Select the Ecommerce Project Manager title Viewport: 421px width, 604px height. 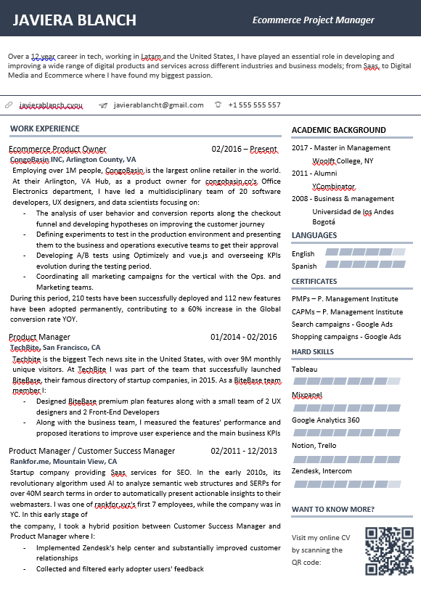tap(313, 20)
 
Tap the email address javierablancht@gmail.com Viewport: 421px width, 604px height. tap(158, 105)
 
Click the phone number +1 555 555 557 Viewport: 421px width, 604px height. tap(254, 105)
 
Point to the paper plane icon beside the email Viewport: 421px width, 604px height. tap(103, 105)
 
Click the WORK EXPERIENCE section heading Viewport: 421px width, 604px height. tap(45, 129)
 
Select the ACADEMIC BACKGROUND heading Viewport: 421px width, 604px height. tap(338, 131)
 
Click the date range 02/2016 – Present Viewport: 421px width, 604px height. tap(244, 150)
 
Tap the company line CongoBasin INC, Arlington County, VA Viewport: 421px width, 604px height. tap(73, 160)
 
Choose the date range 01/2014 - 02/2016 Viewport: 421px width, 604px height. tap(243, 337)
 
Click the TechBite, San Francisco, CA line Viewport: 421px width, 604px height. tap(55, 348)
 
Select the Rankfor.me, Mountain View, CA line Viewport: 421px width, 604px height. tap(63, 462)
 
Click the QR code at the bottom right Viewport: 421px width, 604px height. tap(388, 551)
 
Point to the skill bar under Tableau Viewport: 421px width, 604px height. tap(346, 381)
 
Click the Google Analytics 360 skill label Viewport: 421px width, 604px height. tap(325, 420)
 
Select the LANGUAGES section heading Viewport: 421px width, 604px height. tap(314, 236)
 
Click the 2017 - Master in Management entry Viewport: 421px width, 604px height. tap(340, 148)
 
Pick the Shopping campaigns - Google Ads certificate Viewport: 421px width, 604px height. tap(346, 337)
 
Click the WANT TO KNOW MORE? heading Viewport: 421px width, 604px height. tap(332, 510)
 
